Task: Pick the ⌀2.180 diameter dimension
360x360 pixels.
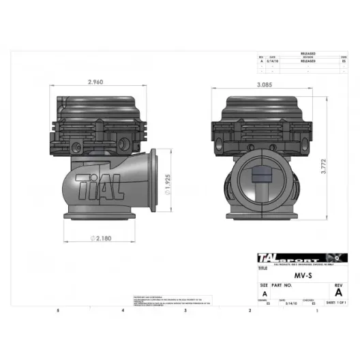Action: point(102,239)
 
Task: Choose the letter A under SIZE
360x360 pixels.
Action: point(264,295)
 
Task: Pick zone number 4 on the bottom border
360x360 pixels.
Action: point(122,310)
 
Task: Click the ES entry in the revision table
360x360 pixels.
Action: point(343,60)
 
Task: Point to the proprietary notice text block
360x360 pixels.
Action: point(171,301)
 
